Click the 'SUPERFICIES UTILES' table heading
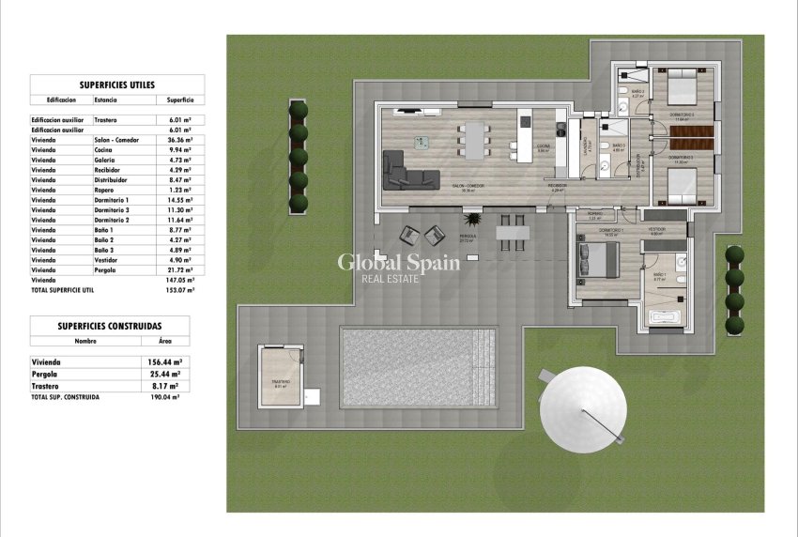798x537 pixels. click(x=117, y=84)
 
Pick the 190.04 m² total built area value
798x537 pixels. click(x=166, y=397)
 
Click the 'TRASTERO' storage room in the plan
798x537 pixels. click(x=280, y=378)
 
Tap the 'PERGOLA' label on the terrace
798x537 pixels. click(x=467, y=237)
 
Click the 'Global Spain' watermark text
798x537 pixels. click(x=399, y=262)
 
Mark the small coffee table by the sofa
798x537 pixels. click(x=421, y=141)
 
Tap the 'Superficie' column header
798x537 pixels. click(x=180, y=99)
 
